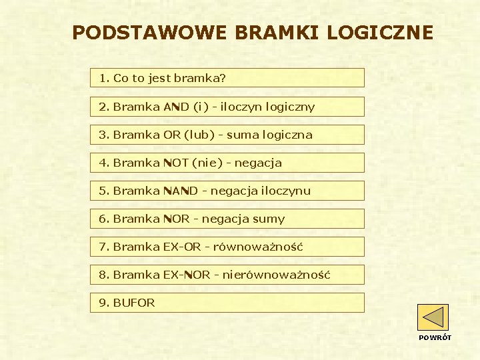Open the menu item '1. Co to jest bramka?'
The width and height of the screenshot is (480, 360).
pyautogui.click(x=227, y=78)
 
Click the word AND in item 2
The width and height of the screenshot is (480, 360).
pyautogui.click(x=177, y=107)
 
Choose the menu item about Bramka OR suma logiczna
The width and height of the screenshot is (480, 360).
pyautogui.click(x=227, y=135)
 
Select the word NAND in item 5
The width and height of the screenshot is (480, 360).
pyautogui.click(x=181, y=191)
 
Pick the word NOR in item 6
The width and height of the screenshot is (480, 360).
pyautogui.click(x=177, y=219)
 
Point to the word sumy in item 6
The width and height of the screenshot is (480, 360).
pyautogui.click(x=273, y=219)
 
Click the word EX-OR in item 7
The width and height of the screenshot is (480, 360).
pyautogui.click(x=182, y=247)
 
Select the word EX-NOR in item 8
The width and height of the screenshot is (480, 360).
pyautogui.click(x=187, y=275)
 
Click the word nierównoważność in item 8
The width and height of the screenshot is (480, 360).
pyautogui.click(x=276, y=275)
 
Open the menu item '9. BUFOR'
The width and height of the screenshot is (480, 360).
pyautogui.click(x=227, y=303)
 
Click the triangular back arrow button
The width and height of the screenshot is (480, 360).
pyautogui.click(x=433, y=317)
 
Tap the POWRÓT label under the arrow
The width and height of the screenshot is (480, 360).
pyautogui.click(x=435, y=337)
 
